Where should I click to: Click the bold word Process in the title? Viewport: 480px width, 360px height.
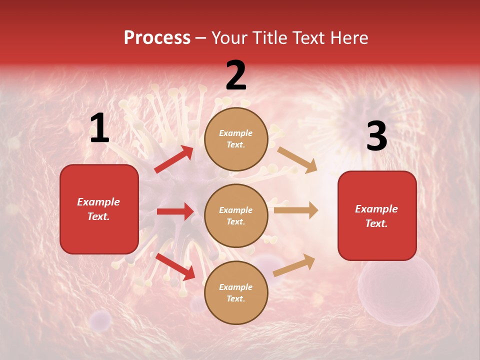click(x=157, y=38)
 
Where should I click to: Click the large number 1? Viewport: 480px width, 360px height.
click(x=99, y=128)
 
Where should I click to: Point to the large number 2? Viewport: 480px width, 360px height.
click(x=236, y=75)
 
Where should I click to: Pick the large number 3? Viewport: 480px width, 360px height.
click(x=376, y=136)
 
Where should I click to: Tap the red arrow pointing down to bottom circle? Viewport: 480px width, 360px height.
click(x=175, y=266)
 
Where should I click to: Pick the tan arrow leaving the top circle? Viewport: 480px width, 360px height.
click(x=297, y=159)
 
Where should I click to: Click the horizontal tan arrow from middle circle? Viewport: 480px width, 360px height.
click(x=295, y=210)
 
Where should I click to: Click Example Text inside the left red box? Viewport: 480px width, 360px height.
click(x=98, y=209)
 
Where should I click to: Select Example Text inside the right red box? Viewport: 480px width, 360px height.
click(x=376, y=216)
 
